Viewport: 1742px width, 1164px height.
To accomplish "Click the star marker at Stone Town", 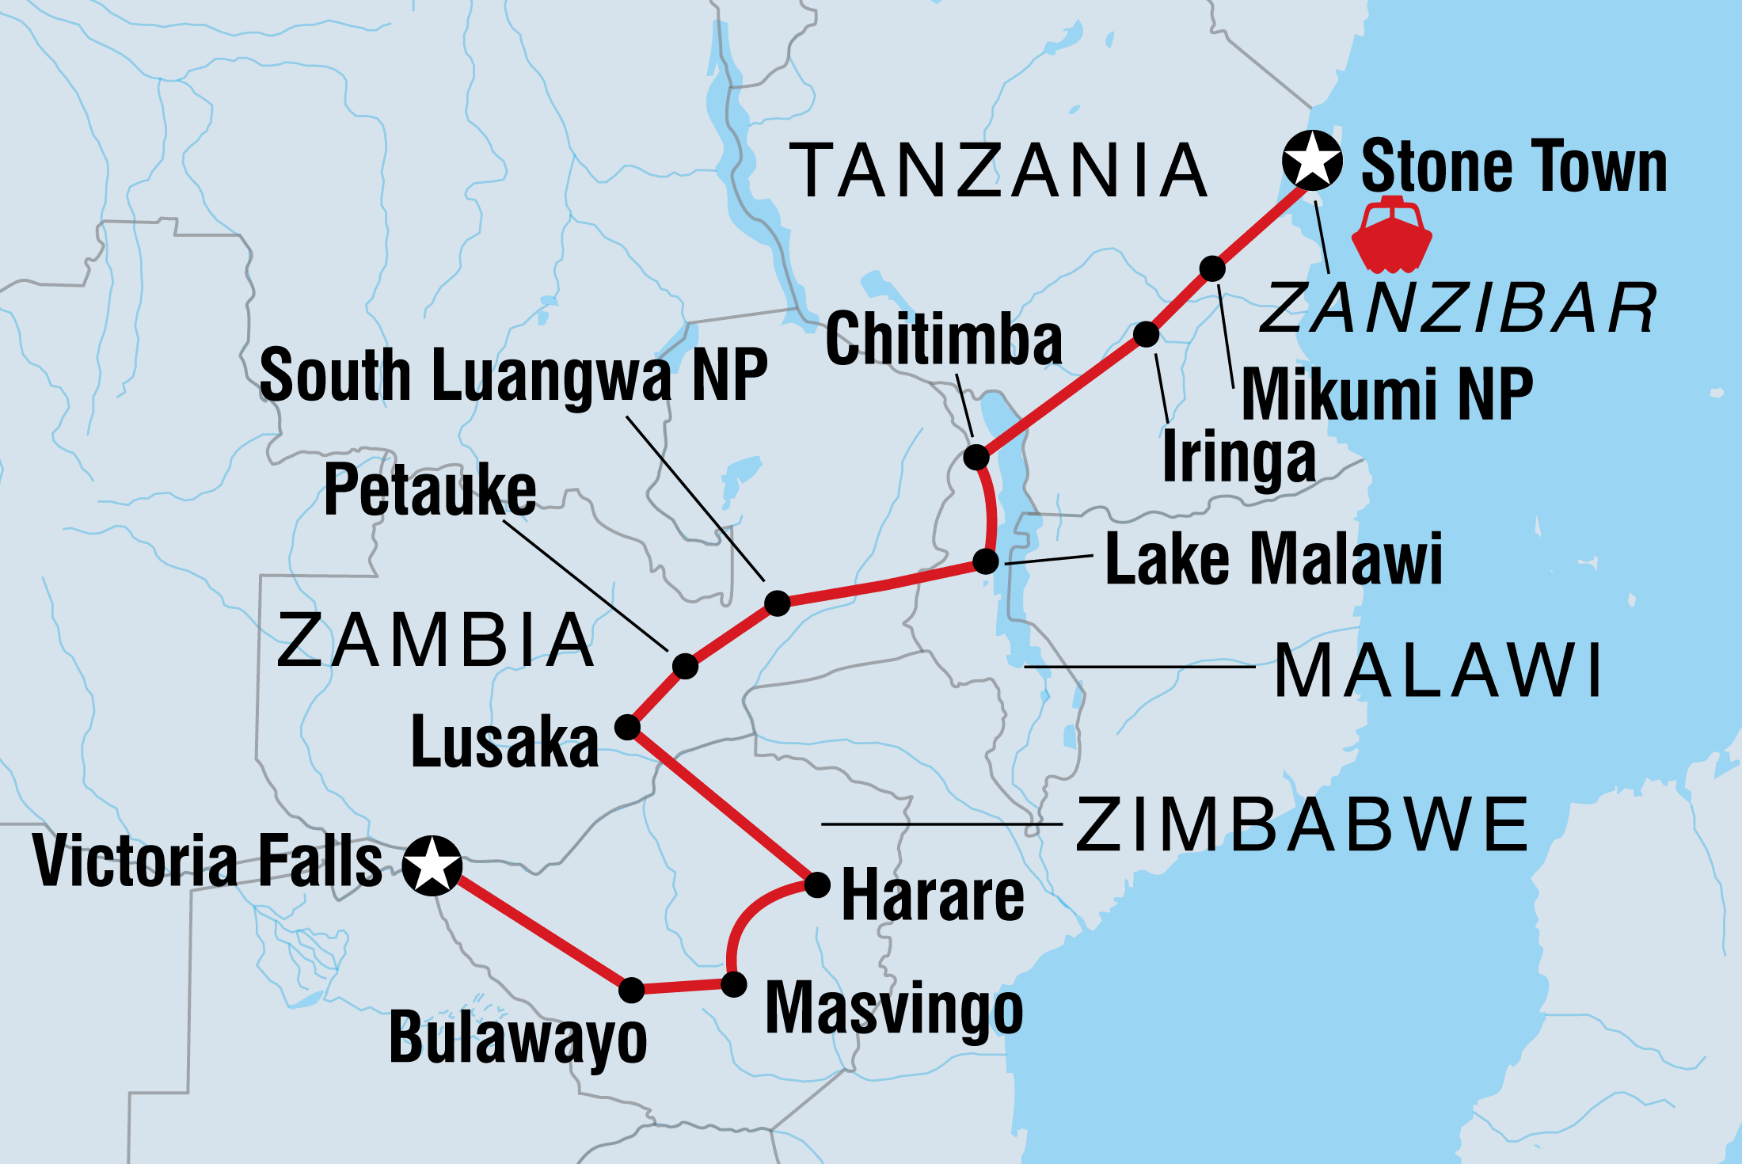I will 1312,160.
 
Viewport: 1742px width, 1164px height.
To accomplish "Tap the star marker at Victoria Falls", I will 432,865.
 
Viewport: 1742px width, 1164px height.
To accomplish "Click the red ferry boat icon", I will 1391,234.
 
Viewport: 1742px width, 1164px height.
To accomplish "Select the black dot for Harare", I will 817,884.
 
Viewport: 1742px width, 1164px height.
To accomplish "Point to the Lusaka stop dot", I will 627,727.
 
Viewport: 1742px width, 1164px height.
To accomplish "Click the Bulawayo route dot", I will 631,990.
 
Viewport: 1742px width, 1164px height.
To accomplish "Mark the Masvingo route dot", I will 733,984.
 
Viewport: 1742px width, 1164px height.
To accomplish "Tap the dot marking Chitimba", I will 976,457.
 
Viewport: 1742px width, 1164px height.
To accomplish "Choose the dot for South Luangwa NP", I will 778,603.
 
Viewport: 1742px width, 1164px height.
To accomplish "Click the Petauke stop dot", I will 685,666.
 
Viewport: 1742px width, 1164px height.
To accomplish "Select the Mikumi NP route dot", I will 1212,268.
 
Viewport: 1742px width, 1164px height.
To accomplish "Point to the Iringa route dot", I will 1146,334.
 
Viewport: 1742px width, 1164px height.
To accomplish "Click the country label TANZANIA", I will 999,170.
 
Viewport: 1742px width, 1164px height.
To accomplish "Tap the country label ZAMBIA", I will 435,641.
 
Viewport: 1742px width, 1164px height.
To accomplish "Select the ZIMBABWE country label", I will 1303,825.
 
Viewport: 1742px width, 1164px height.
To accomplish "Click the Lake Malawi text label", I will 1273,559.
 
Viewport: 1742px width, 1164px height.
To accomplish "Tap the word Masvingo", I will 894,1009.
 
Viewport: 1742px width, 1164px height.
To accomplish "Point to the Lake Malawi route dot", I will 985,561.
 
